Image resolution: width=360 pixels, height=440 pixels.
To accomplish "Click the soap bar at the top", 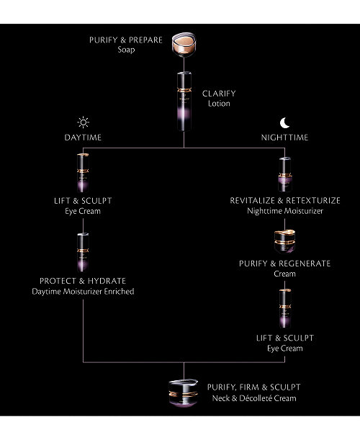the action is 184,45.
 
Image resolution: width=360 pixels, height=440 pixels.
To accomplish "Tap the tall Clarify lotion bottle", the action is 184,102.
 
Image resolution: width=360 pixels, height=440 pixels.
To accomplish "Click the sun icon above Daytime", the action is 83,122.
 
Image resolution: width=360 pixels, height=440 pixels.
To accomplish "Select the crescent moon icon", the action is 284,123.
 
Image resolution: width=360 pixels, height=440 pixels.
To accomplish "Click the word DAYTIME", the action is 83,138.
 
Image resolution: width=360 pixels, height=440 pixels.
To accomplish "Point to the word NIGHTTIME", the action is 284,138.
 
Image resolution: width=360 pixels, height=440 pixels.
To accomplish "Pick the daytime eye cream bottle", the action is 83,173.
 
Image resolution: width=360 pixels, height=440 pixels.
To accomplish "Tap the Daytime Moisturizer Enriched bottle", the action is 83,252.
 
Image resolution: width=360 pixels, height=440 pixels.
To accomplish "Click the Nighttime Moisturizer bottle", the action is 285,174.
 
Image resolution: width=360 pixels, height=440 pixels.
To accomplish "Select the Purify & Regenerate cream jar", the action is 285,241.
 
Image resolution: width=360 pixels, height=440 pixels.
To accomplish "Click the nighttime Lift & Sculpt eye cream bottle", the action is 285,308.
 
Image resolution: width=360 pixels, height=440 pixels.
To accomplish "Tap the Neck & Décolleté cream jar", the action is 184,393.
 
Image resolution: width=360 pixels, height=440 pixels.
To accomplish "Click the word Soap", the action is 126,50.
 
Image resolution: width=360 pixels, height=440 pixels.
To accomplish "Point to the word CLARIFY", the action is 219,94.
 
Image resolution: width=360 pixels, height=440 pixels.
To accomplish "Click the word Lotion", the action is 219,104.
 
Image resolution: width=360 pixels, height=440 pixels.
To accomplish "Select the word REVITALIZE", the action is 252,201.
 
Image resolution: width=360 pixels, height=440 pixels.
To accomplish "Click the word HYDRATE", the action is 107,281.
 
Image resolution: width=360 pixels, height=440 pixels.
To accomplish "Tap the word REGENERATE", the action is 305,264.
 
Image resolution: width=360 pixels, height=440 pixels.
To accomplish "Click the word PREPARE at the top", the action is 145,40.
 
